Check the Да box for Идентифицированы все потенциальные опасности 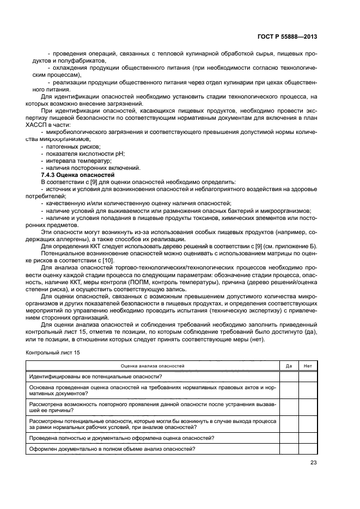pos(289,376)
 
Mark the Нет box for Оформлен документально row pos(308,449)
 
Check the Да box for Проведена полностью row pos(289,438)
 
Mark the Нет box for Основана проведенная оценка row pos(308,390)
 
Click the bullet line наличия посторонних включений pos(89,168)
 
